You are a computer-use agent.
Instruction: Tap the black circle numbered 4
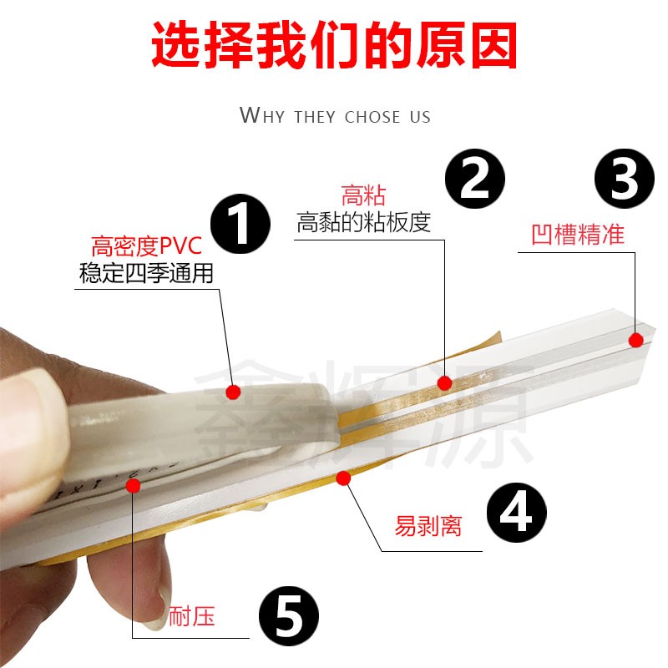click(x=515, y=513)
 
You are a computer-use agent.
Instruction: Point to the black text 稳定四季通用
click(x=146, y=274)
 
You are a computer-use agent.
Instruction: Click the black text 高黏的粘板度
click(x=363, y=223)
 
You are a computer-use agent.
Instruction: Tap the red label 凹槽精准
click(x=578, y=234)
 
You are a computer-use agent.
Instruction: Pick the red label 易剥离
click(x=428, y=527)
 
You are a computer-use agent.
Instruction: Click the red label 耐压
click(x=192, y=617)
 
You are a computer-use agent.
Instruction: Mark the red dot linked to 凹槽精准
click(x=635, y=340)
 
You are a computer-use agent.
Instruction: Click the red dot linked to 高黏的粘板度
click(x=445, y=383)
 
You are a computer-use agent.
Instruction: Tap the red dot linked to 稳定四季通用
click(x=233, y=391)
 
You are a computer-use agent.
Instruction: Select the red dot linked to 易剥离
click(x=342, y=478)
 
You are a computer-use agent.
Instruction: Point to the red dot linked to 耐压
click(x=132, y=486)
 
